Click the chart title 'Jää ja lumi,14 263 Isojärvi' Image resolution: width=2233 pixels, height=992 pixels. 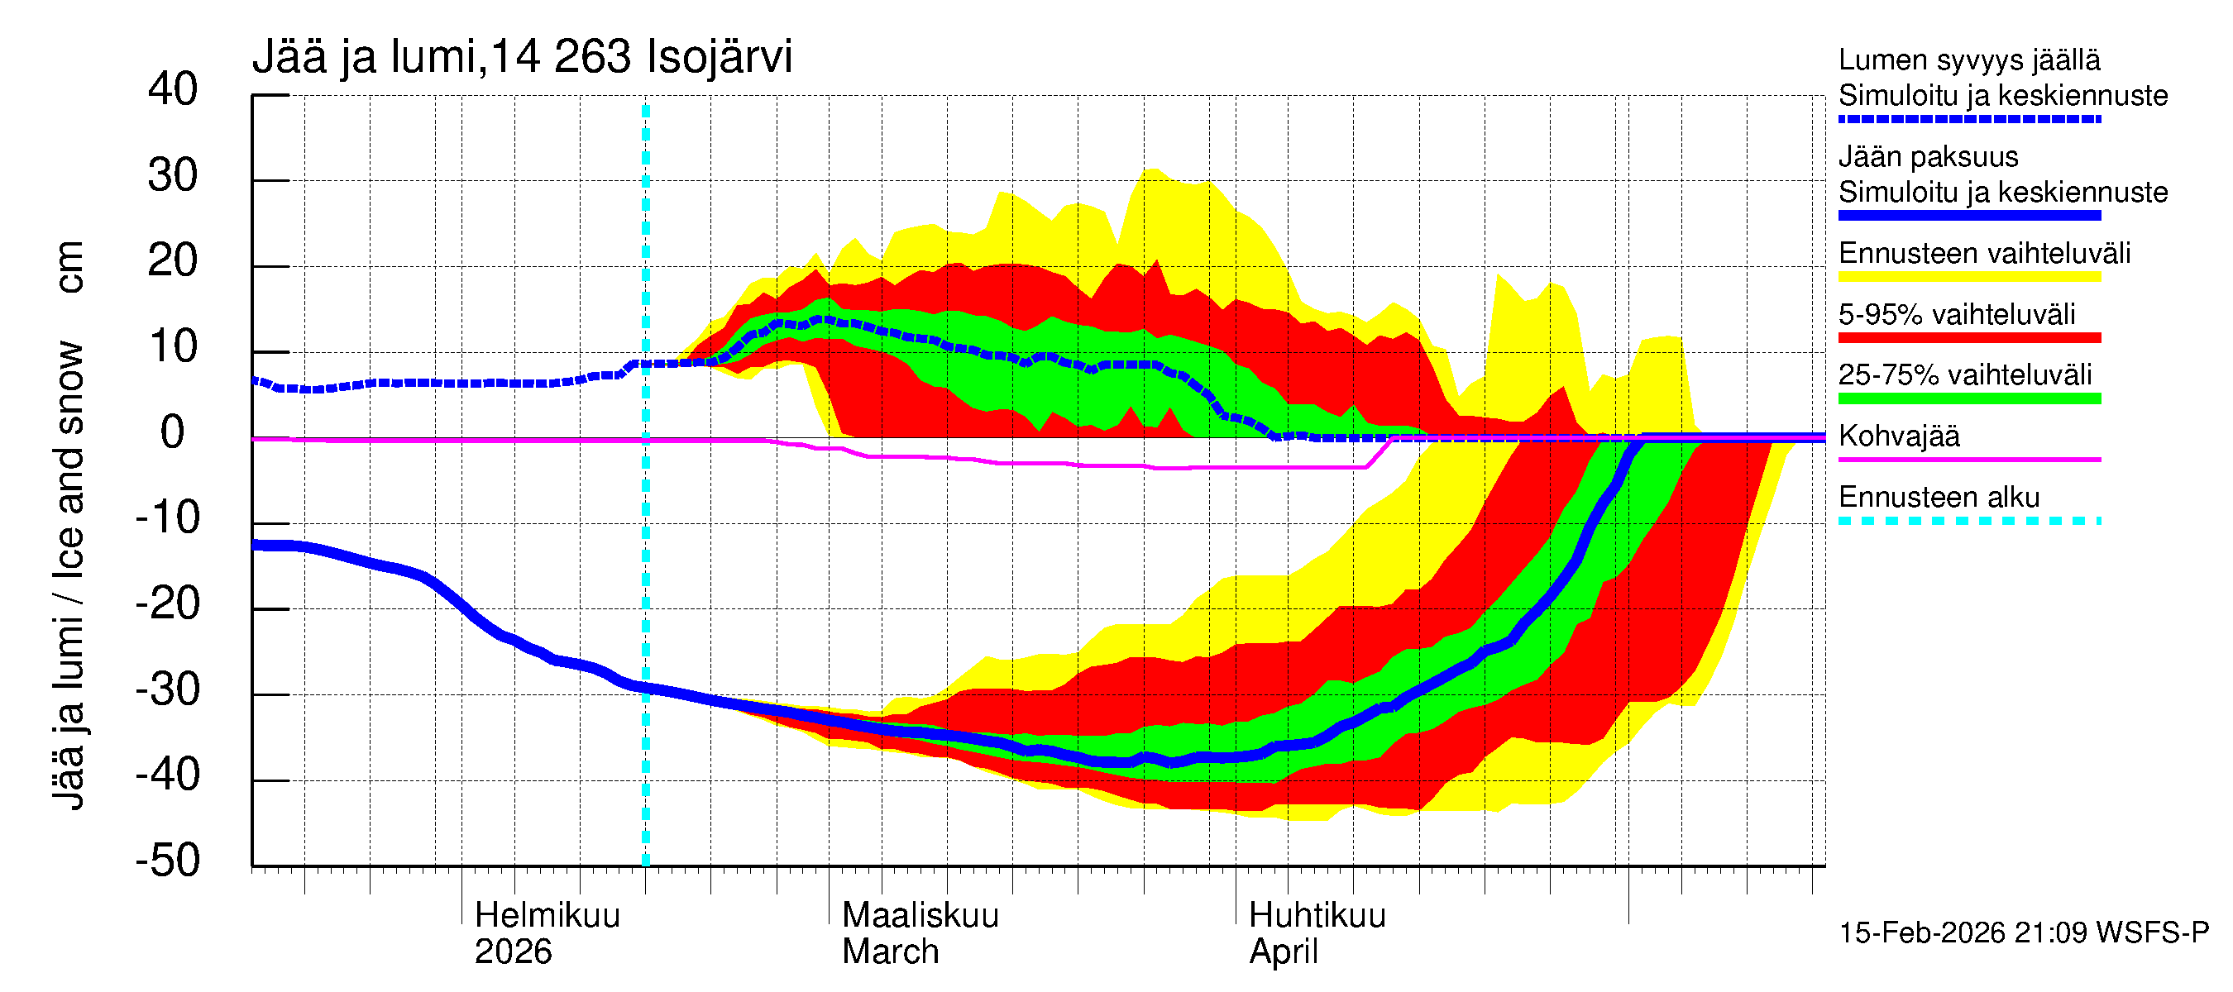(522, 57)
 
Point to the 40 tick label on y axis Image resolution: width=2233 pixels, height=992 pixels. (173, 89)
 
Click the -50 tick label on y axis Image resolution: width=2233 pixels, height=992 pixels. (167, 861)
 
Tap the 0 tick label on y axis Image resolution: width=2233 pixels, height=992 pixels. (173, 432)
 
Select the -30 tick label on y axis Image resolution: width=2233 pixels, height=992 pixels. (167, 689)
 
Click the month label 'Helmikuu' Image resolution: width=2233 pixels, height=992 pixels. (547, 916)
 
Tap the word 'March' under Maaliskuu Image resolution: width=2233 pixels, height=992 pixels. (890, 952)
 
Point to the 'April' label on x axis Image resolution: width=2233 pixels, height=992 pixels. (1283, 952)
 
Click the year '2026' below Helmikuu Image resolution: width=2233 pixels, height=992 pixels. (512, 952)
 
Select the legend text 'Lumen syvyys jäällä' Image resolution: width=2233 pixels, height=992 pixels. (1968, 60)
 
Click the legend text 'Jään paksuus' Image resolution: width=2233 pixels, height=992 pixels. (1928, 157)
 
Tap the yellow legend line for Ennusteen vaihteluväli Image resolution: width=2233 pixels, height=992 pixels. (1968, 277)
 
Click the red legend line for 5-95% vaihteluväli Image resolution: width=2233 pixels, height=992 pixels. (1968, 338)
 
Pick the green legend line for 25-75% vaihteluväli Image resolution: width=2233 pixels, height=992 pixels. (1968, 398)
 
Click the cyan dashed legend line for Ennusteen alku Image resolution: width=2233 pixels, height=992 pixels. (1968, 521)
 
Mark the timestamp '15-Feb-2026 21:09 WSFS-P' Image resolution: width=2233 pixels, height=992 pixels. (2023, 933)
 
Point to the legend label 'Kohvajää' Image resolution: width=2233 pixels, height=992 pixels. (1898, 436)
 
